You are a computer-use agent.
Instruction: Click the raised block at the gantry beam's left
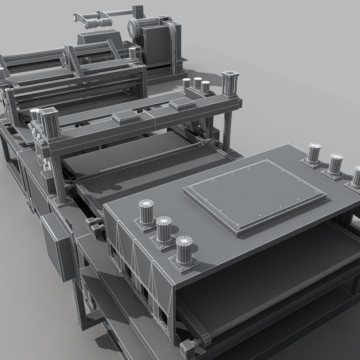pyautogui.click(x=125, y=117)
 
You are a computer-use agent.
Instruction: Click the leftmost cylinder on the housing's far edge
pyautogui.click(x=314, y=154)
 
